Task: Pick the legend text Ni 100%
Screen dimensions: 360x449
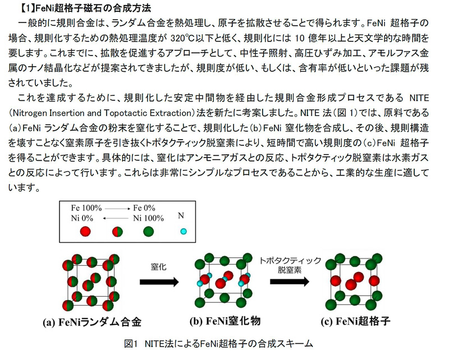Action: (x=148, y=218)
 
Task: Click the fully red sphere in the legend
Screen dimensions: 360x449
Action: (x=85, y=231)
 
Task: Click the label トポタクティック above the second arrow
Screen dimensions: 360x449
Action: (x=290, y=259)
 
